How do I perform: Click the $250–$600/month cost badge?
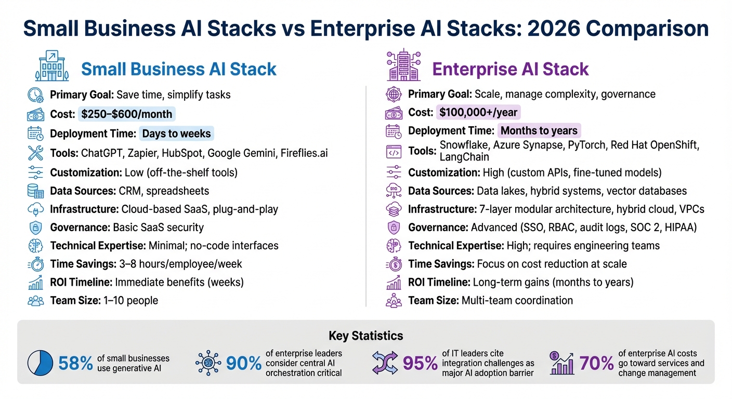(x=127, y=114)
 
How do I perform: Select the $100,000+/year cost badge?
(x=478, y=112)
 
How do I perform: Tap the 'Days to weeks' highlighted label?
(x=176, y=134)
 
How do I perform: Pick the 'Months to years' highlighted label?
(x=539, y=131)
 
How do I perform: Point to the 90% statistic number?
(x=243, y=364)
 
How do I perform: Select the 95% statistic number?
(x=420, y=364)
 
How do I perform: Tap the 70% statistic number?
(x=596, y=364)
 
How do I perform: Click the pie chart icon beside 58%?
(x=40, y=363)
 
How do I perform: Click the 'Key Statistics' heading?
(x=365, y=336)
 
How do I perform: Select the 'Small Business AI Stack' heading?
(x=179, y=69)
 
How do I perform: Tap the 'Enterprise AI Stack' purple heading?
(x=511, y=69)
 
